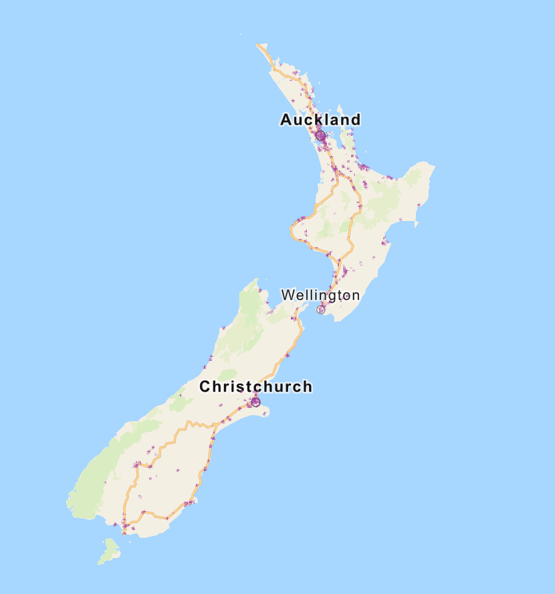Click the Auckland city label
(x=320, y=120)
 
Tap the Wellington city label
(x=320, y=295)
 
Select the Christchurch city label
(x=255, y=386)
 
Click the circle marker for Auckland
(x=320, y=135)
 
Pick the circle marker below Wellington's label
(x=321, y=309)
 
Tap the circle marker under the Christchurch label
(x=255, y=402)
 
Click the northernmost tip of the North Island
(x=258, y=45)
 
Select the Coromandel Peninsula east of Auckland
(x=347, y=137)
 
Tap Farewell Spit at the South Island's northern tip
(x=257, y=280)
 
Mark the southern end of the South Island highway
(x=124, y=533)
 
